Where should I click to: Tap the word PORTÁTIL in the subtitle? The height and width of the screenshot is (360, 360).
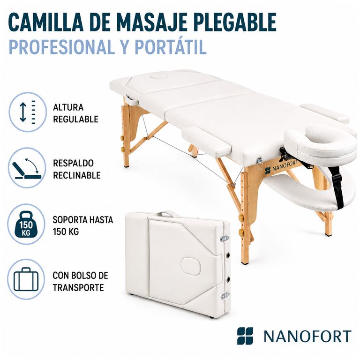click(x=171, y=47)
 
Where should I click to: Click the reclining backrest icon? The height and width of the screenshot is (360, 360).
click(x=27, y=168)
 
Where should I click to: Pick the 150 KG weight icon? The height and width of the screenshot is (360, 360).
click(x=26, y=224)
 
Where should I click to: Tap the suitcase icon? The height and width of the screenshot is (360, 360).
click(x=26, y=279)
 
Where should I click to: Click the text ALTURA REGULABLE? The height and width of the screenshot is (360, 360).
click(x=75, y=113)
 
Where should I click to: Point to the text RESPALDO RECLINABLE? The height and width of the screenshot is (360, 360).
click(x=77, y=169)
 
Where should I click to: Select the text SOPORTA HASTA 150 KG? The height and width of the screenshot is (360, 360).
click(x=82, y=225)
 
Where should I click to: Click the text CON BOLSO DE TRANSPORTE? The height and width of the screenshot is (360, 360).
click(x=80, y=281)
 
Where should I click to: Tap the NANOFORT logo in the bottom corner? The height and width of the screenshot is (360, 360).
click(x=294, y=336)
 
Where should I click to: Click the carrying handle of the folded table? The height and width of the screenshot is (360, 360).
click(x=165, y=214)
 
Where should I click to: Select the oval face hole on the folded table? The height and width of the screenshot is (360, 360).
click(x=191, y=267)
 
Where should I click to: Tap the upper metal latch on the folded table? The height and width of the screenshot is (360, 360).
click(x=225, y=238)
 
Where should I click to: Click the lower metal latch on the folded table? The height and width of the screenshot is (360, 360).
click(x=225, y=296)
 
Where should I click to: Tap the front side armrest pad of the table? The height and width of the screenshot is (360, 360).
click(x=206, y=141)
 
